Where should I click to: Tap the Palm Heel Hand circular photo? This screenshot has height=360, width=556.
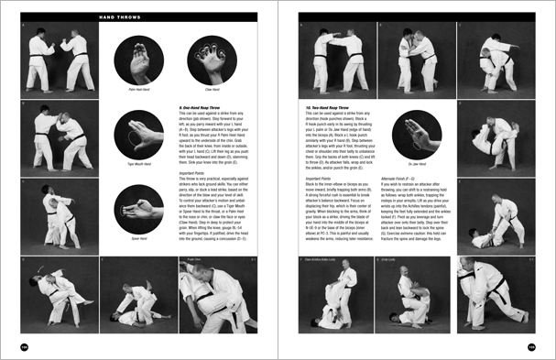pyautogui.click(x=140, y=61)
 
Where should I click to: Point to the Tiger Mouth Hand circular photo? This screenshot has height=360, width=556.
pyautogui.click(x=140, y=135)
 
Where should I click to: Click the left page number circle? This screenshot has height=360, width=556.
pyautogui.click(x=25, y=347)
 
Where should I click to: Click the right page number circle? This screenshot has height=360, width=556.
pyautogui.click(x=530, y=347)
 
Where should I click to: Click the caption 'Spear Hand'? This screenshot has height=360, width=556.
pyautogui.click(x=140, y=238)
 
